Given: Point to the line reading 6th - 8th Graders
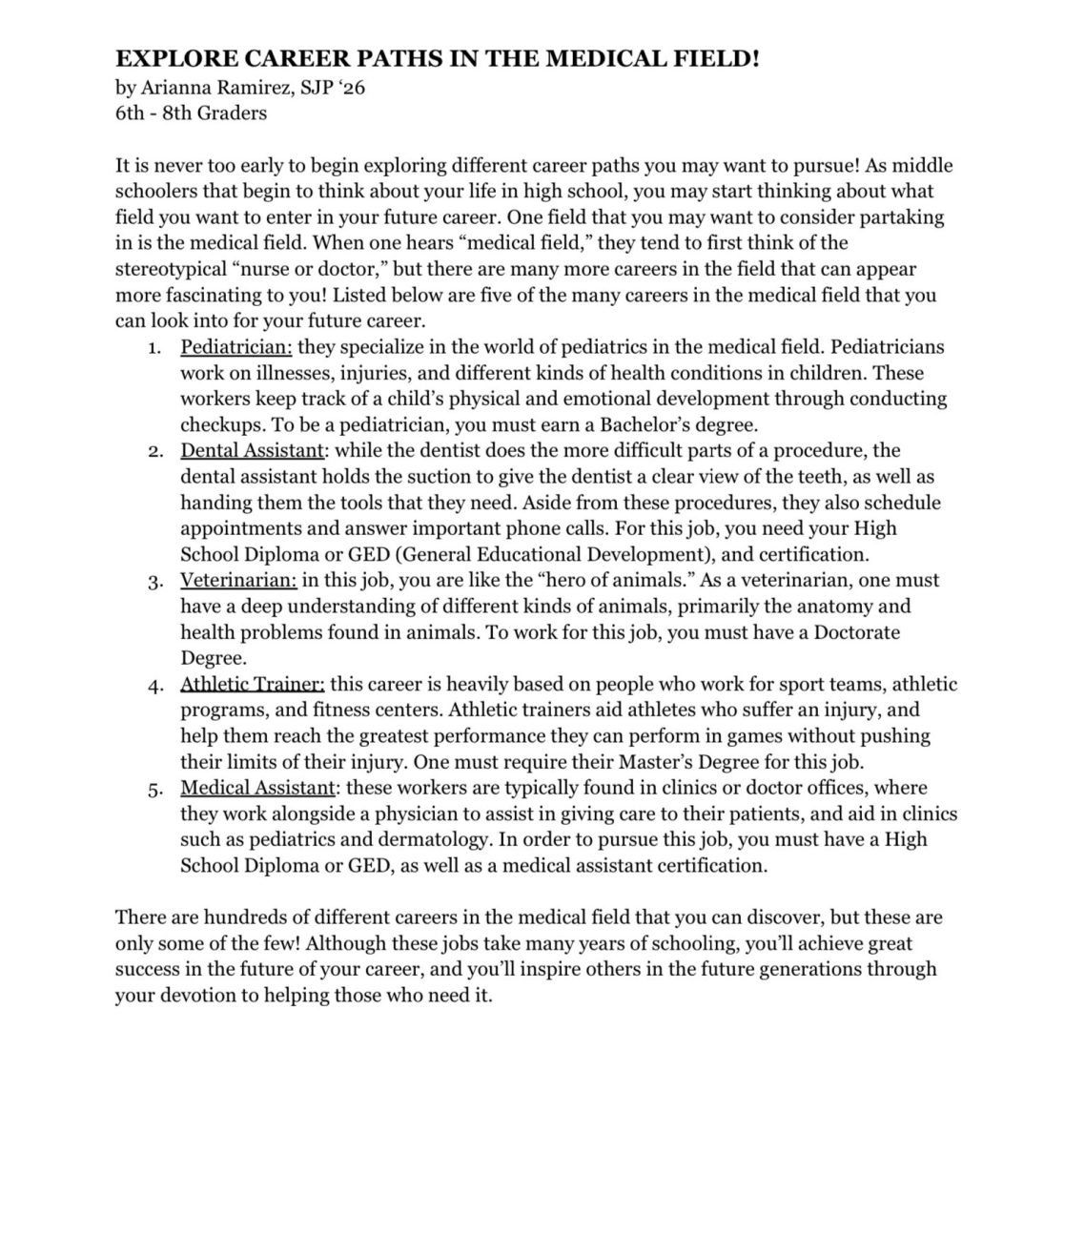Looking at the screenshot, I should point(191,113).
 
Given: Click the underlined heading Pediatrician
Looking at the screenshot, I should point(235,347).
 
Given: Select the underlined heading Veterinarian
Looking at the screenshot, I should point(238,580).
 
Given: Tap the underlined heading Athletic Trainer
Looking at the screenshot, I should point(253,684).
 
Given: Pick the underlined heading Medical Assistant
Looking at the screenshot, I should point(256,788).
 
